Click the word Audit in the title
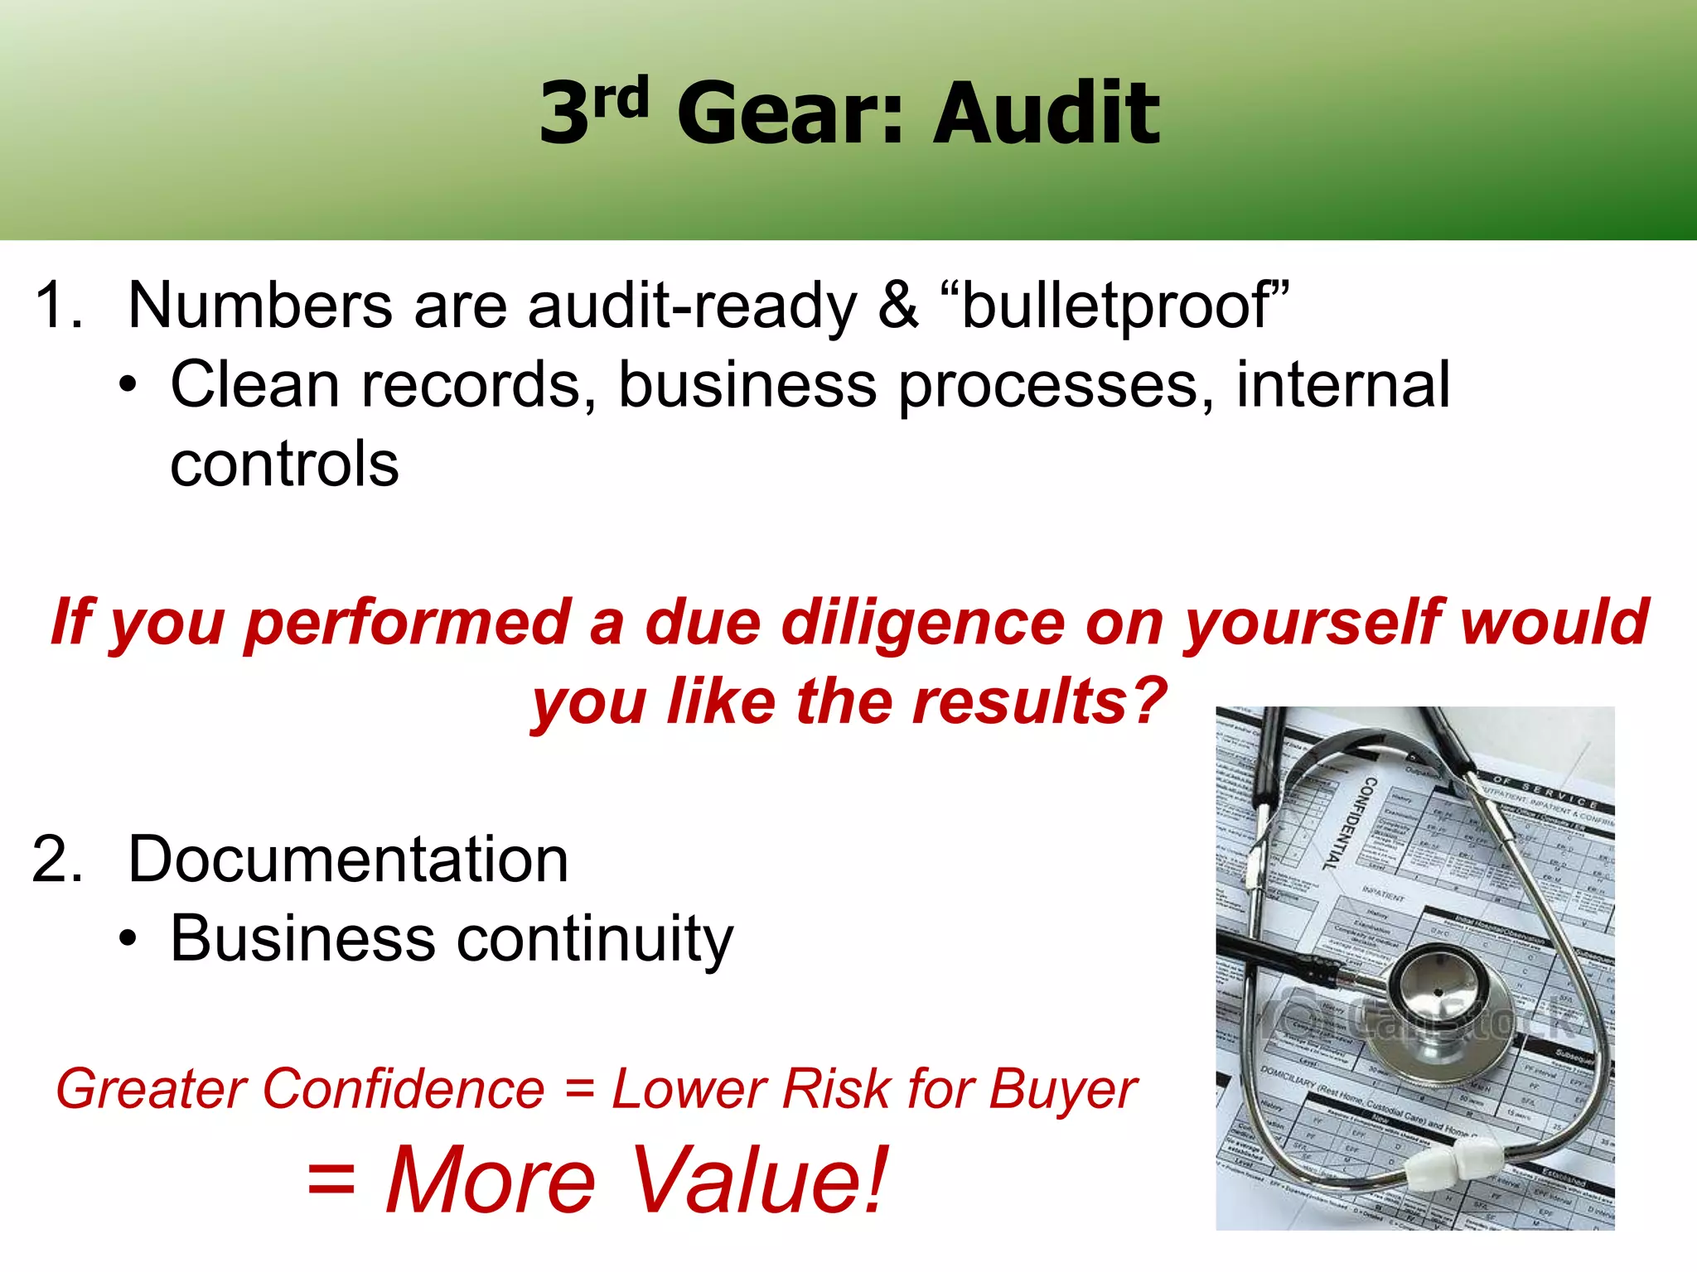(1047, 113)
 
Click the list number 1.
(58, 306)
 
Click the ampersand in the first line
(898, 306)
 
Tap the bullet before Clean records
(127, 386)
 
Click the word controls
(284, 464)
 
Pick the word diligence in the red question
(922, 623)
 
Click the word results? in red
(1039, 701)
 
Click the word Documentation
(348, 860)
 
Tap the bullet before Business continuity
(127, 939)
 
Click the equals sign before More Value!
(331, 1179)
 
